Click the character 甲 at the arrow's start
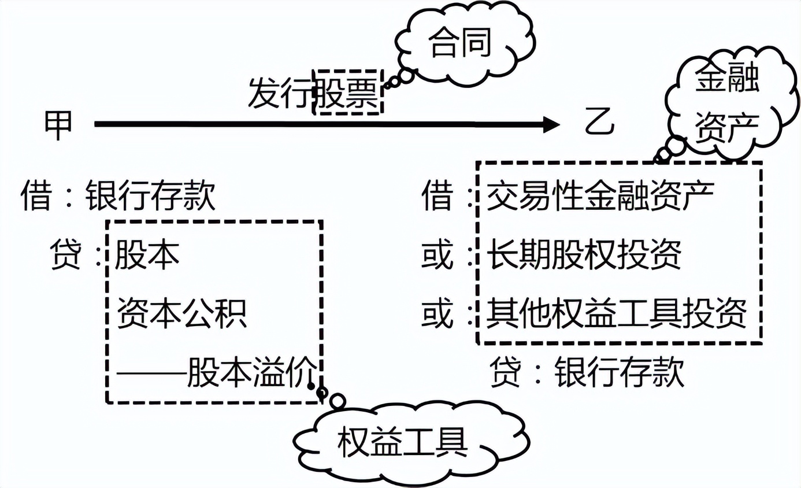pyautogui.click(x=58, y=124)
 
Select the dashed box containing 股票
pyautogui.click(x=347, y=92)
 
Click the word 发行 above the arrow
pyautogui.click(x=281, y=93)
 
